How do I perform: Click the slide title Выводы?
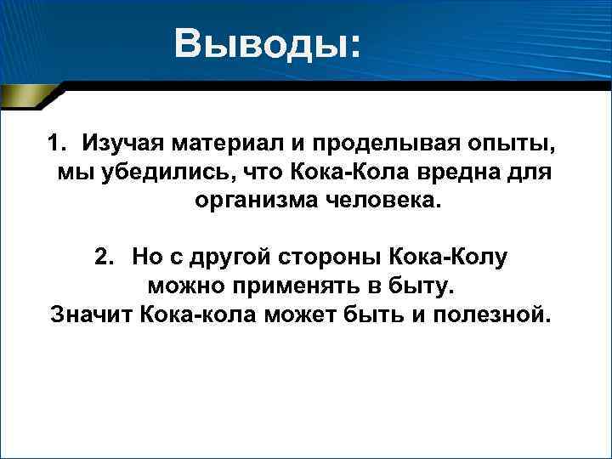coord(268,42)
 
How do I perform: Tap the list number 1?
coord(55,141)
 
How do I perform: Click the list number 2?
coord(103,257)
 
